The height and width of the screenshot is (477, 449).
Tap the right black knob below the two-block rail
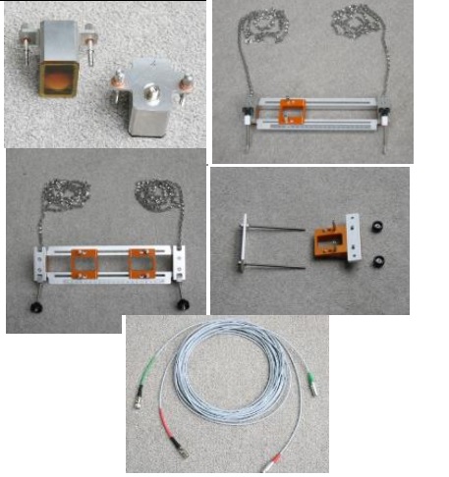click(182, 304)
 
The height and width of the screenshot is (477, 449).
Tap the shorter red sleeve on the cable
click(278, 459)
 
